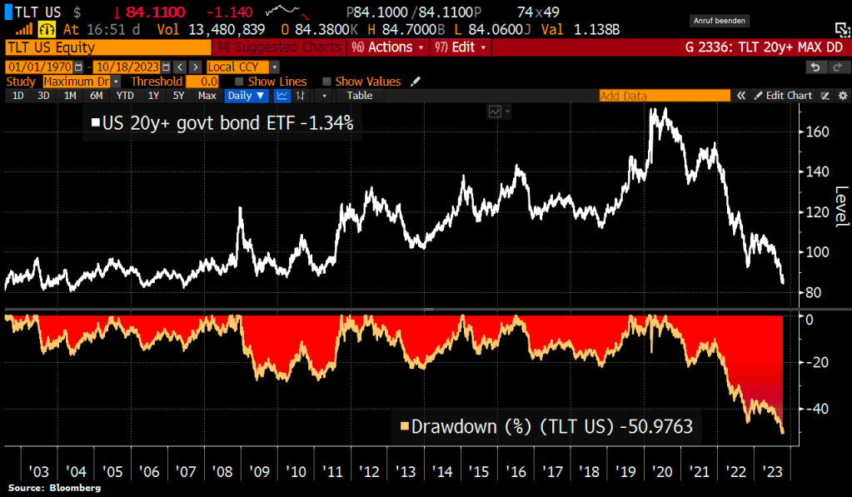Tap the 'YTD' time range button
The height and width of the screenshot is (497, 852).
pyautogui.click(x=125, y=96)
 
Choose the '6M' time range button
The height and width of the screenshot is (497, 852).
pyautogui.click(x=96, y=96)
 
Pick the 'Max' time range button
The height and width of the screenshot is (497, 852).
pyautogui.click(x=206, y=96)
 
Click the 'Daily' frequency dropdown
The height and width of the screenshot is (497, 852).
pyautogui.click(x=246, y=96)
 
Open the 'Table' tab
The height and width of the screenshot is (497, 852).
pyautogui.click(x=359, y=96)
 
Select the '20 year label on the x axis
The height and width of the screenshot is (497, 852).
pyautogui.click(x=663, y=472)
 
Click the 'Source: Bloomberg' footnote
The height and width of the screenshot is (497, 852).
pyautogui.click(x=55, y=488)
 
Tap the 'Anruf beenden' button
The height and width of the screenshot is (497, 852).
pyautogui.click(x=720, y=20)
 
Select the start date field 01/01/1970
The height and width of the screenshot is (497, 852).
pyautogui.click(x=39, y=67)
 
